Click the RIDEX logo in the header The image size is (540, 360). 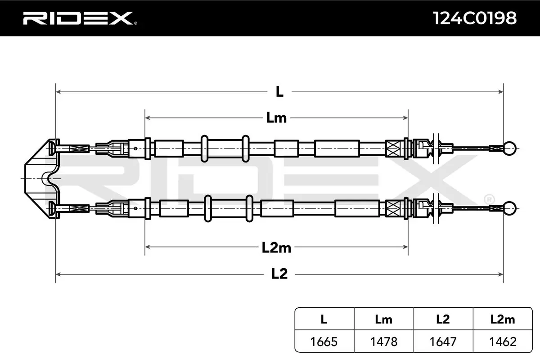click(80, 18)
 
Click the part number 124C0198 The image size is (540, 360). click(475, 18)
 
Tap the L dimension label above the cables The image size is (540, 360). click(279, 92)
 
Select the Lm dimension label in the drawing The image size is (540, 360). click(276, 118)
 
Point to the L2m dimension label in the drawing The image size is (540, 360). click(276, 247)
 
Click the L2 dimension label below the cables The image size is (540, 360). click(279, 274)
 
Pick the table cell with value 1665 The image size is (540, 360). click(324, 342)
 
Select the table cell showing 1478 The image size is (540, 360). click(384, 342)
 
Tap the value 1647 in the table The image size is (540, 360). click(443, 342)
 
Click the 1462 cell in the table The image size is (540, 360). click(503, 342)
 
